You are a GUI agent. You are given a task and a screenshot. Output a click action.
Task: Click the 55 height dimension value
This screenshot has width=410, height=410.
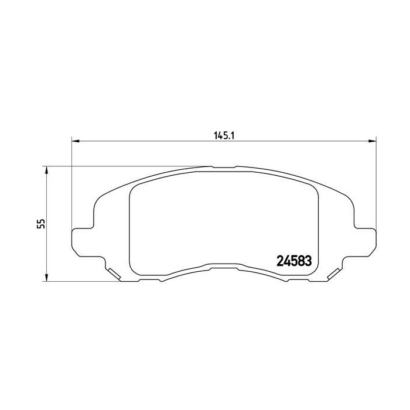coord(41,224)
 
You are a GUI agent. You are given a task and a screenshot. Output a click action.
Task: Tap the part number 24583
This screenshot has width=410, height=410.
coord(294,261)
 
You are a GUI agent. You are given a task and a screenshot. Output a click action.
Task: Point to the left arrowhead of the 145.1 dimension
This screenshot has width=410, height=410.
coord(76,141)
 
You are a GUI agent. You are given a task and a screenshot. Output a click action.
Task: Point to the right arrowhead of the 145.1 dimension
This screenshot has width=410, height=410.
coord(373,141)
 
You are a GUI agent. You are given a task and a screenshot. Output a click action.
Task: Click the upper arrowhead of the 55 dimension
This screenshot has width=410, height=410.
coord(46,170)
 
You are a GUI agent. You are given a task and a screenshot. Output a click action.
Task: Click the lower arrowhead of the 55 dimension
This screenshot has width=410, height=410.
coord(46,278)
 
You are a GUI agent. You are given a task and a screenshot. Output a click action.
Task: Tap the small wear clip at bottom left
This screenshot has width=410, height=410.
coord(114,274)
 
